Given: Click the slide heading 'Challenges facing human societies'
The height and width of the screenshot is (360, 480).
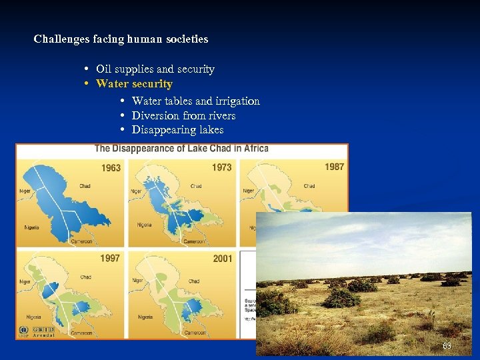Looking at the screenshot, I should click(x=121, y=39).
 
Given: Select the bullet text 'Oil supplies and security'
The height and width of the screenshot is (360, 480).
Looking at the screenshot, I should click(x=155, y=69).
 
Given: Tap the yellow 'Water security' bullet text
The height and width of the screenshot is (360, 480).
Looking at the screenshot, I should click(x=134, y=84).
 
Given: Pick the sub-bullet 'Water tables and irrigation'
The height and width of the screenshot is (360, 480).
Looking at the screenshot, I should click(x=196, y=101).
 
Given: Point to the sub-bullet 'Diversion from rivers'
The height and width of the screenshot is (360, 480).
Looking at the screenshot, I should click(x=184, y=115).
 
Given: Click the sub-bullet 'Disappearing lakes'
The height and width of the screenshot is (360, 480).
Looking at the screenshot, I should click(x=178, y=130).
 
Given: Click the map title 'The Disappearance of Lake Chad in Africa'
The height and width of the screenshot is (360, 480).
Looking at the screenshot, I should click(x=181, y=148).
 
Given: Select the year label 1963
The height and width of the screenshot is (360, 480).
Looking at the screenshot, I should click(x=111, y=167).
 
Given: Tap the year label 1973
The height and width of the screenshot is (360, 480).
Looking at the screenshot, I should click(x=222, y=167).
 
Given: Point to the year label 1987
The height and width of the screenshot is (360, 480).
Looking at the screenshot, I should click(x=334, y=167).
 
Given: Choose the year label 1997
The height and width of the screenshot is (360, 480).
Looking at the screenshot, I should click(x=111, y=258).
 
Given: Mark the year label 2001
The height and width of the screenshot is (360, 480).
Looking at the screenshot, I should click(x=223, y=258).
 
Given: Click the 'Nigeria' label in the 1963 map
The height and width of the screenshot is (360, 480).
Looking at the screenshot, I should click(x=32, y=227).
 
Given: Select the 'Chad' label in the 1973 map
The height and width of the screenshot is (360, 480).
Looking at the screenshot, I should click(x=196, y=186).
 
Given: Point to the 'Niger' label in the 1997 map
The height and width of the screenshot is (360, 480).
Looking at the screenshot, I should click(x=25, y=281).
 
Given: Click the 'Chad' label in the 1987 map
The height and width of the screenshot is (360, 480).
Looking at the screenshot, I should click(x=309, y=186).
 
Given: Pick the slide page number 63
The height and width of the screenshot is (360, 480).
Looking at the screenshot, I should click(x=447, y=346).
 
